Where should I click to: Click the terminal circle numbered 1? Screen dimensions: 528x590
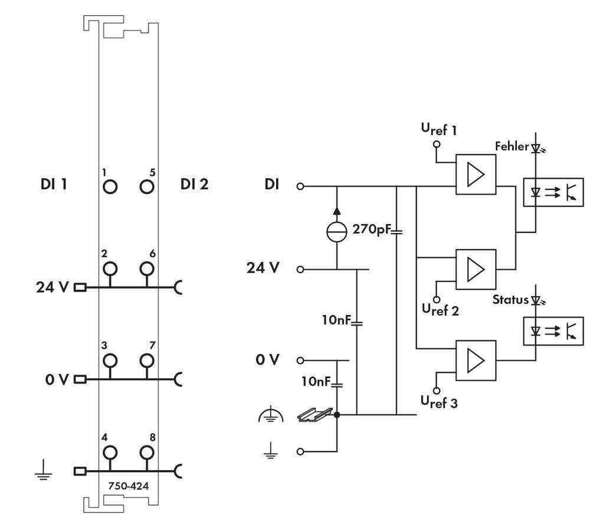(x=109, y=187)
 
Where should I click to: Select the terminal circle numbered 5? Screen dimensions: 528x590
(x=147, y=187)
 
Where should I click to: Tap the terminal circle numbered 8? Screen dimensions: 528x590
(x=147, y=452)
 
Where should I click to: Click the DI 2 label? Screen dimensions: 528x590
(x=194, y=185)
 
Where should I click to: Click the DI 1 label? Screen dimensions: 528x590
(x=53, y=185)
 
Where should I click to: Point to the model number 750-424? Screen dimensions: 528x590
(x=128, y=487)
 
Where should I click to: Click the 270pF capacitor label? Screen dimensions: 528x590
(x=372, y=228)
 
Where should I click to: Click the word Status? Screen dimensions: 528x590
(x=510, y=299)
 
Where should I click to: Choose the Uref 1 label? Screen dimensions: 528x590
(x=439, y=130)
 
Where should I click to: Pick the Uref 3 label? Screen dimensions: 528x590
(x=439, y=402)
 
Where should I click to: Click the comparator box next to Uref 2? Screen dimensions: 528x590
(x=476, y=268)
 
